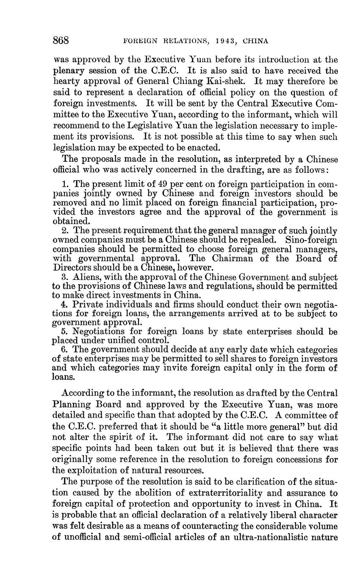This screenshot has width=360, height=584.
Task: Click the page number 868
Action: (61, 41)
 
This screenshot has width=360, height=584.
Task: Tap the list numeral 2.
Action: (65, 231)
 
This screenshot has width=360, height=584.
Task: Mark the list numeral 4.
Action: (65, 304)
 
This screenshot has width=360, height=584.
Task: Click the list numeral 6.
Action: (65, 350)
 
